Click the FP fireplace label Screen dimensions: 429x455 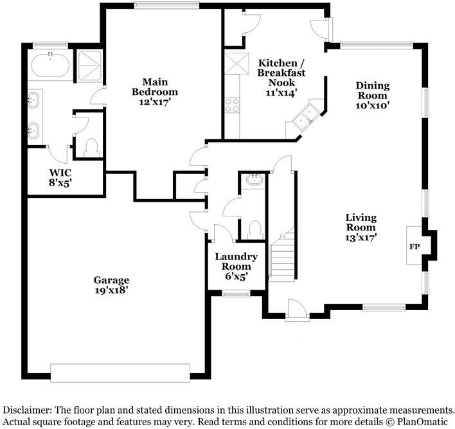coord(414,246)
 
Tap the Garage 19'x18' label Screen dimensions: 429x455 coord(111,285)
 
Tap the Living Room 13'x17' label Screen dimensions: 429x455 coord(361,227)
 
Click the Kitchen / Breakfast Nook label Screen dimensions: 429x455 coord(281,73)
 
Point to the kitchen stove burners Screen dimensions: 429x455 coord(232,105)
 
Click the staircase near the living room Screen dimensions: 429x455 coord(281,257)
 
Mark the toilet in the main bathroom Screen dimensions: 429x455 coord(91,147)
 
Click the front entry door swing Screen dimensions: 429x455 coord(296,309)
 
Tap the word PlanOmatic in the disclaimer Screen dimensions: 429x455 coord(424,422)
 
